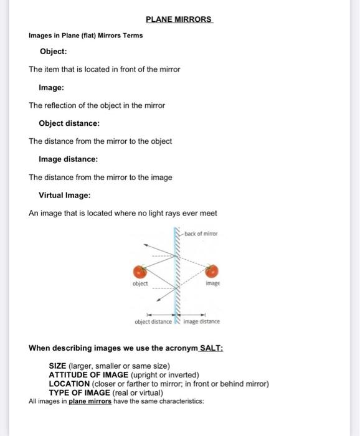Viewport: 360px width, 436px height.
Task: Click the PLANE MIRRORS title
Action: pyautogui.click(x=179, y=19)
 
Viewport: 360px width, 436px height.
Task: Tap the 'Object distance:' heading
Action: pyautogui.click(x=69, y=123)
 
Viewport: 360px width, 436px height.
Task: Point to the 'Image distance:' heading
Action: pyautogui.click(x=69, y=159)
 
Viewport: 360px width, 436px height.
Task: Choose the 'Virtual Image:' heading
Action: pyautogui.click(x=65, y=196)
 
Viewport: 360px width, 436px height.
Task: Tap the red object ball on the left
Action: pyautogui.click(x=140, y=271)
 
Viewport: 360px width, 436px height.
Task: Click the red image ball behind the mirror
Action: pyautogui.click(x=213, y=271)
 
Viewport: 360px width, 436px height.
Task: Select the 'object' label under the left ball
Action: pyautogui.click(x=140, y=283)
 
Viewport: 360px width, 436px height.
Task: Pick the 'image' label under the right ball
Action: pyautogui.click(x=213, y=283)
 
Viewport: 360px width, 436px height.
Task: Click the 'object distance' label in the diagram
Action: pyautogui.click(x=153, y=322)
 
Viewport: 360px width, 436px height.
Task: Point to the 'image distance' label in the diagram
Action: pyautogui.click(x=201, y=322)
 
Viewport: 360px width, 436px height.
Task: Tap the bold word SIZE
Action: pyautogui.click(x=58, y=366)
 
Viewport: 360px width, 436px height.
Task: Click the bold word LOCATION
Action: pyautogui.click(x=69, y=384)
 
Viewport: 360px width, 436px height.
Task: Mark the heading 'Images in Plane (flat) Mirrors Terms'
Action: pyautogui.click(x=86, y=36)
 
